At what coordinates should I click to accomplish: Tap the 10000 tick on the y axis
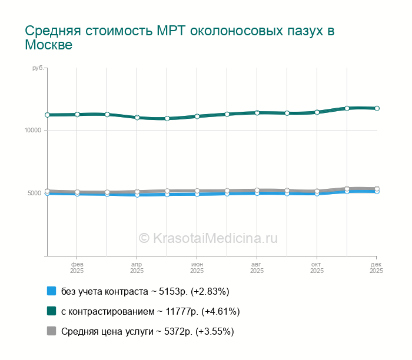coord(33,131)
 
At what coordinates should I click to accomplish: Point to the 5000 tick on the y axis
coord(34,194)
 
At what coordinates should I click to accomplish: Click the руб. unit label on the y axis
coord(38,69)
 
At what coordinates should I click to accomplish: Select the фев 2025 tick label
coord(77,268)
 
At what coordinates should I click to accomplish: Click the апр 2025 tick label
coord(137,268)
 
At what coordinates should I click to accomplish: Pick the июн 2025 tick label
coord(197,268)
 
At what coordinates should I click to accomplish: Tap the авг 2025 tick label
coord(257,268)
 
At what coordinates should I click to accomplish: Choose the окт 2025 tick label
coord(317,268)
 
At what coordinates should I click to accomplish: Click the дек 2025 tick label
coord(376,268)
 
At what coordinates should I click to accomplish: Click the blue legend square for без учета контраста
coord(51,291)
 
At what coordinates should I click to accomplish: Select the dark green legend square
coord(51,311)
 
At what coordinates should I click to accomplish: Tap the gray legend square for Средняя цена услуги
coord(51,331)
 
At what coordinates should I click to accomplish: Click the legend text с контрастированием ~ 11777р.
coord(150,311)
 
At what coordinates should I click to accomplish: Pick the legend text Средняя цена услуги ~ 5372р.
coord(148,331)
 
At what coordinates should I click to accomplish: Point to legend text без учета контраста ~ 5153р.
coord(145,291)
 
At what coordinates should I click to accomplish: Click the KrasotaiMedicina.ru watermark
coord(208,238)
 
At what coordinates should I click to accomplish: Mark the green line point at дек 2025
coord(377,108)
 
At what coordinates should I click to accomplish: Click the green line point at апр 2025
coord(137,118)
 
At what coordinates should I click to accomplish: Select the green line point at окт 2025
coord(317,112)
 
